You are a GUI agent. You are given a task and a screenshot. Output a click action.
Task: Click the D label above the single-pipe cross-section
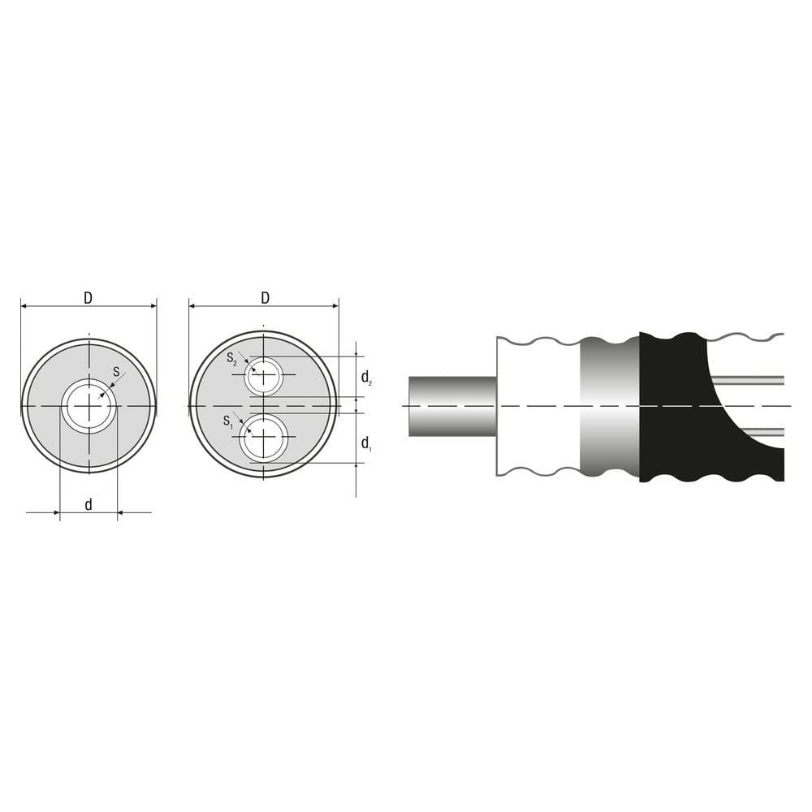(x=88, y=298)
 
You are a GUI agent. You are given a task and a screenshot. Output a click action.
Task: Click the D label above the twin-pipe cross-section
(x=265, y=298)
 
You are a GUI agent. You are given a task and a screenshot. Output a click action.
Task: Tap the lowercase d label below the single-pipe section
(x=89, y=505)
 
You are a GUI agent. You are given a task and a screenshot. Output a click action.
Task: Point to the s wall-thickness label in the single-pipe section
(x=116, y=373)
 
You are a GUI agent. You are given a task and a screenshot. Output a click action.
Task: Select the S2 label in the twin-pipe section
(x=232, y=358)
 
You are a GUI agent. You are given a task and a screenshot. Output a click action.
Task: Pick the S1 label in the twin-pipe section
(x=228, y=421)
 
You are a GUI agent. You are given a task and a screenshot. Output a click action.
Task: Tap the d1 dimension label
(x=366, y=443)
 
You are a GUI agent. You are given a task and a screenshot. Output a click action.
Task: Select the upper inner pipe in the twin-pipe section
(x=265, y=376)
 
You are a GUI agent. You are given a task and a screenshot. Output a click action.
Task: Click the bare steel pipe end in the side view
(x=451, y=405)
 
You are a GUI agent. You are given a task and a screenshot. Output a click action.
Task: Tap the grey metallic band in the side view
(x=609, y=406)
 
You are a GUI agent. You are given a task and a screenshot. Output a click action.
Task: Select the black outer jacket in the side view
(x=674, y=406)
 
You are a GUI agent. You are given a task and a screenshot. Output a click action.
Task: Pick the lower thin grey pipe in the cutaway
(x=763, y=431)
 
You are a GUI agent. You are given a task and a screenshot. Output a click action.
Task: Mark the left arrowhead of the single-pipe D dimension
(x=25, y=306)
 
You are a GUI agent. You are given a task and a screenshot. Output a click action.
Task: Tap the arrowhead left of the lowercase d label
(x=55, y=512)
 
